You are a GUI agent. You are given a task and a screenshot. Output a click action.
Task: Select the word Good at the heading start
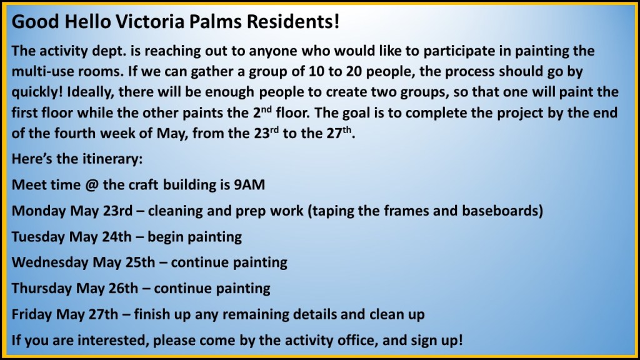[x=35, y=22]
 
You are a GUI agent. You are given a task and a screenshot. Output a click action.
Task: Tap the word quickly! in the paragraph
[x=37, y=92]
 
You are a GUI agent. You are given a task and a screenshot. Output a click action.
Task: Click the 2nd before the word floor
[x=262, y=111]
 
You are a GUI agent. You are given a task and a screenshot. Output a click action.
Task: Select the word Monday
[x=39, y=211]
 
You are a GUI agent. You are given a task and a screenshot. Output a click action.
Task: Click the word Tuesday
[x=38, y=237]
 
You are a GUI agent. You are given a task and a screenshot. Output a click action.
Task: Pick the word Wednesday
[x=50, y=262]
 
